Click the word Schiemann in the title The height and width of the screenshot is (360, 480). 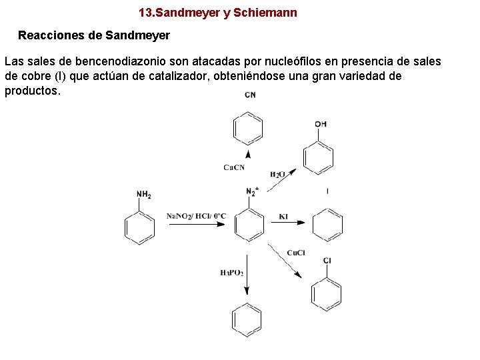(x=266, y=13)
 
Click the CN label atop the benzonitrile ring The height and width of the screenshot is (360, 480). (x=250, y=95)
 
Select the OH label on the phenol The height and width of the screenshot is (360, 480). (x=321, y=124)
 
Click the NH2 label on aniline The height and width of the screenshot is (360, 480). (x=143, y=195)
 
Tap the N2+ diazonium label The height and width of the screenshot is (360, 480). (x=252, y=192)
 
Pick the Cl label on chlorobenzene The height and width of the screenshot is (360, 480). (x=327, y=260)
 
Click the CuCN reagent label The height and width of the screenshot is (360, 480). (x=234, y=167)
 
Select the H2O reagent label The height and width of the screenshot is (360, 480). (x=277, y=175)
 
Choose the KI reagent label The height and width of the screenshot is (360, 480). (x=283, y=216)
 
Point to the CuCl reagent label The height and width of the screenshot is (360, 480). (x=296, y=253)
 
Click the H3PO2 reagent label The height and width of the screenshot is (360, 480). (x=231, y=273)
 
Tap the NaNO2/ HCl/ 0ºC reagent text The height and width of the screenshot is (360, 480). (x=196, y=216)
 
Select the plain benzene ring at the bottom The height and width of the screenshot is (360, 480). (x=247, y=320)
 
